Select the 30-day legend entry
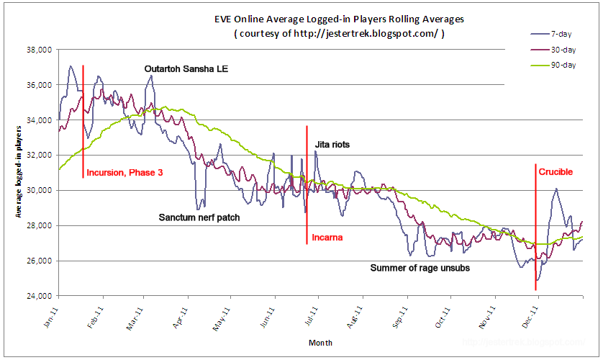click(x=563, y=50)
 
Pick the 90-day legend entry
click(x=563, y=66)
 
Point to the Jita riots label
click(x=332, y=145)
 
